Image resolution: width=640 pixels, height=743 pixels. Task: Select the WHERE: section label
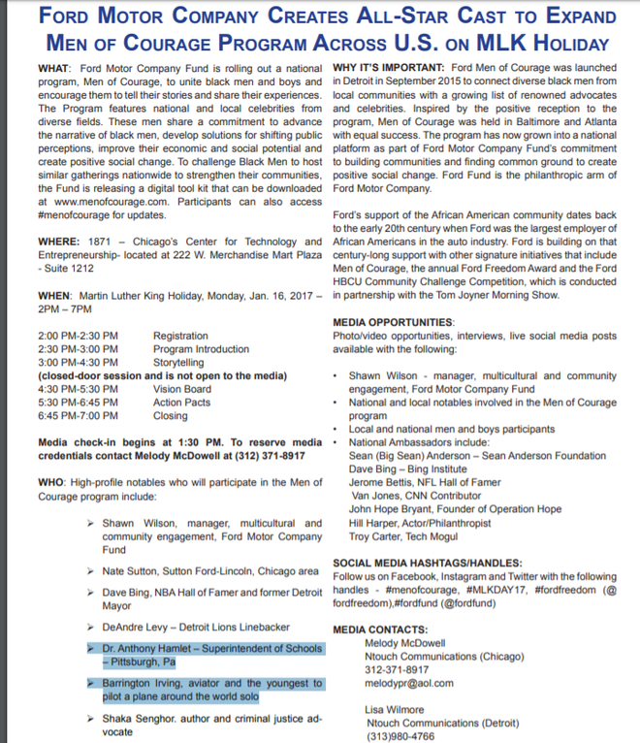tap(60, 241)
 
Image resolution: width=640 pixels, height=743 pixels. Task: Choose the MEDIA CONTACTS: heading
tap(379, 630)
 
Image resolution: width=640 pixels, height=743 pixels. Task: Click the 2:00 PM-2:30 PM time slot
tap(78, 335)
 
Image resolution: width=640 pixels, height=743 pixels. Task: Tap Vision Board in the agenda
tap(181, 388)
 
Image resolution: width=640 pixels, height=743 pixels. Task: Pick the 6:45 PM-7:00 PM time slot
tap(78, 415)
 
